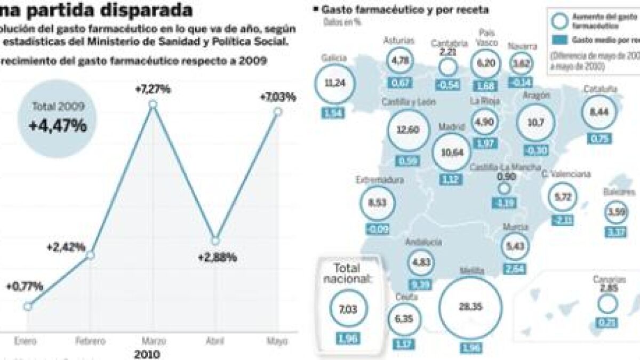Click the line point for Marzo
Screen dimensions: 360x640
point(153,105)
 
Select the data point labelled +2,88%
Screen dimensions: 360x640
point(215,240)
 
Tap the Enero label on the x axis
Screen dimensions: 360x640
point(26,341)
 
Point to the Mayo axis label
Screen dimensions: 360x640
point(278,341)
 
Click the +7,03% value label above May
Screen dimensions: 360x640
point(277,97)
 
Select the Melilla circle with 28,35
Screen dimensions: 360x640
point(470,307)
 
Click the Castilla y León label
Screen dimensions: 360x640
point(409,101)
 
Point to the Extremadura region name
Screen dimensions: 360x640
point(380,180)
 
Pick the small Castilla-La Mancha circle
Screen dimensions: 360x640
point(504,188)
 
